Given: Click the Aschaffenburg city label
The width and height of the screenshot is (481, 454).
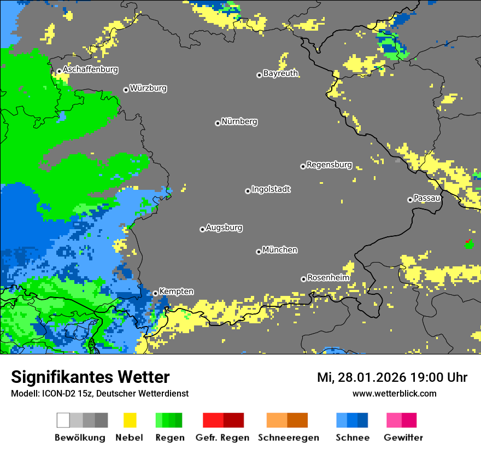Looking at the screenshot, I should [x=90, y=69].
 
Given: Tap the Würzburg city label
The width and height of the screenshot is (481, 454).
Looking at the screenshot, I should [x=148, y=88].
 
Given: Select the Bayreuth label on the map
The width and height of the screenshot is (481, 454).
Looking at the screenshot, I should [x=280, y=73].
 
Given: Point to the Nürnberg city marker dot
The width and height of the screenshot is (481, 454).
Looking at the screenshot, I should [x=218, y=123].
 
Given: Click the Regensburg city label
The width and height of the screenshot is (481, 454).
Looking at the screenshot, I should [x=329, y=165].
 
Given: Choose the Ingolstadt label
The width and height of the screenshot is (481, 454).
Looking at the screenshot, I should [x=271, y=189].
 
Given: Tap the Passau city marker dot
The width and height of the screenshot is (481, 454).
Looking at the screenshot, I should [x=410, y=200].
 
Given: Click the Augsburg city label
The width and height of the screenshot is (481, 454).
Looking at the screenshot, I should [x=224, y=228].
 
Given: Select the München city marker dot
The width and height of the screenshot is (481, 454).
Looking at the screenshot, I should [x=259, y=252].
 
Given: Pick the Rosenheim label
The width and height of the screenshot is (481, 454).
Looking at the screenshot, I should [x=328, y=278].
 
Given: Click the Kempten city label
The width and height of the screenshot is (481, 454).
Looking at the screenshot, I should [x=176, y=292].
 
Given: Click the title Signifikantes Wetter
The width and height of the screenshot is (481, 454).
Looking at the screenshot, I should [x=90, y=377].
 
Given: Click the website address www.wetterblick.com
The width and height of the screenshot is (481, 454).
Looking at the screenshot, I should [x=394, y=393].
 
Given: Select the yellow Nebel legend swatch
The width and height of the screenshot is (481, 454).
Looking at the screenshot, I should [x=130, y=420].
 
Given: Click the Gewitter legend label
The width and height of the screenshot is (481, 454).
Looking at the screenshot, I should [x=403, y=438].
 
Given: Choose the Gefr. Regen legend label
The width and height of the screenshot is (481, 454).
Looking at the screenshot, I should [x=222, y=438].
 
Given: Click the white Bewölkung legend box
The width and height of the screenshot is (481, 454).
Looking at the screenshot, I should [x=63, y=420].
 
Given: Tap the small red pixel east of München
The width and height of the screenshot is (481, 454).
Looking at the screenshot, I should [x=467, y=241].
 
